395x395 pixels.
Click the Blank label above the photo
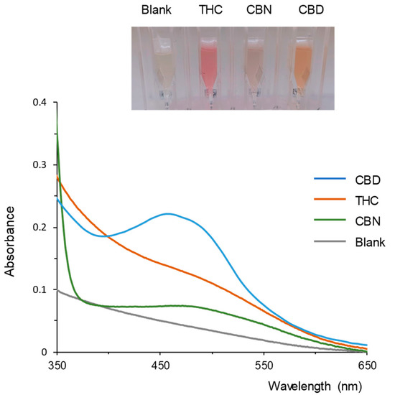coord(156,11)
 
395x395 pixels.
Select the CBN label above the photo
coord(256,11)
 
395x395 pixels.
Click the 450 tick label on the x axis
coord(160,365)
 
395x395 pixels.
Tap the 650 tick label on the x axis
coord(367,365)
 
